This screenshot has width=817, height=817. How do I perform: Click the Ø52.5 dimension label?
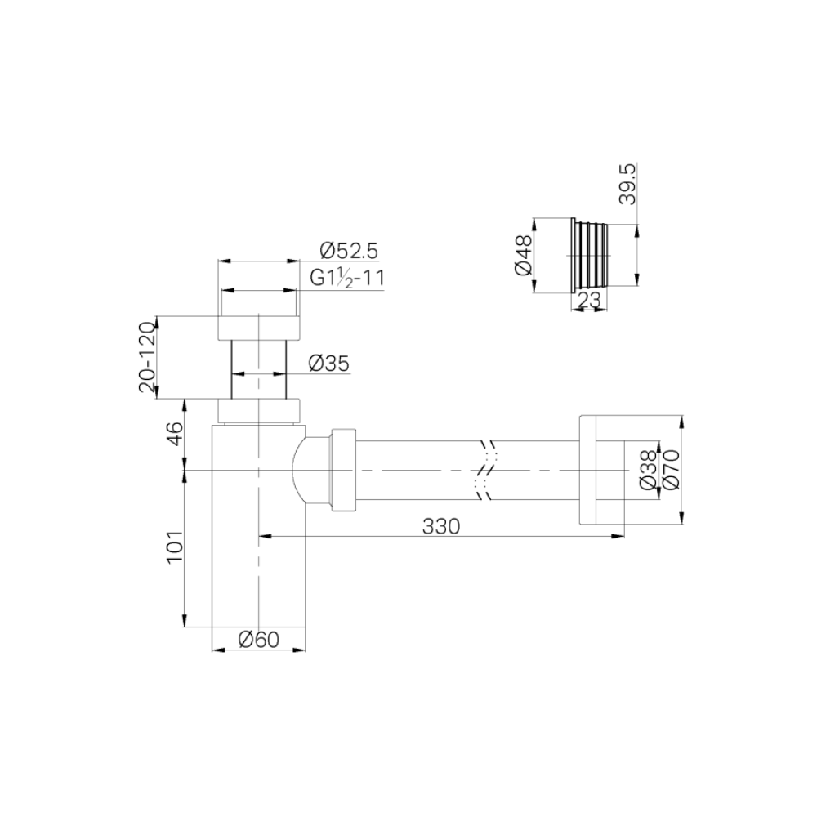tap(350, 250)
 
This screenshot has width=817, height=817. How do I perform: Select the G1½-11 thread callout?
tap(347, 278)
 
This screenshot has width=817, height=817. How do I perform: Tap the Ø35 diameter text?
tap(329, 364)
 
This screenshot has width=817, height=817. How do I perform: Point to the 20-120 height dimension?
tap(146, 357)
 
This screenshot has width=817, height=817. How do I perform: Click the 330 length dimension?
tap(442, 526)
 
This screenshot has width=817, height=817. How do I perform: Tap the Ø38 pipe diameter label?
tap(646, 470)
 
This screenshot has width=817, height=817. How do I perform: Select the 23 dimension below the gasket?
tap(588, 301)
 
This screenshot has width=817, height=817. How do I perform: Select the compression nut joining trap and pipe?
tap(342, 470)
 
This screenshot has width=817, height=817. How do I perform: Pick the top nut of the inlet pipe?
tap(258, 326)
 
